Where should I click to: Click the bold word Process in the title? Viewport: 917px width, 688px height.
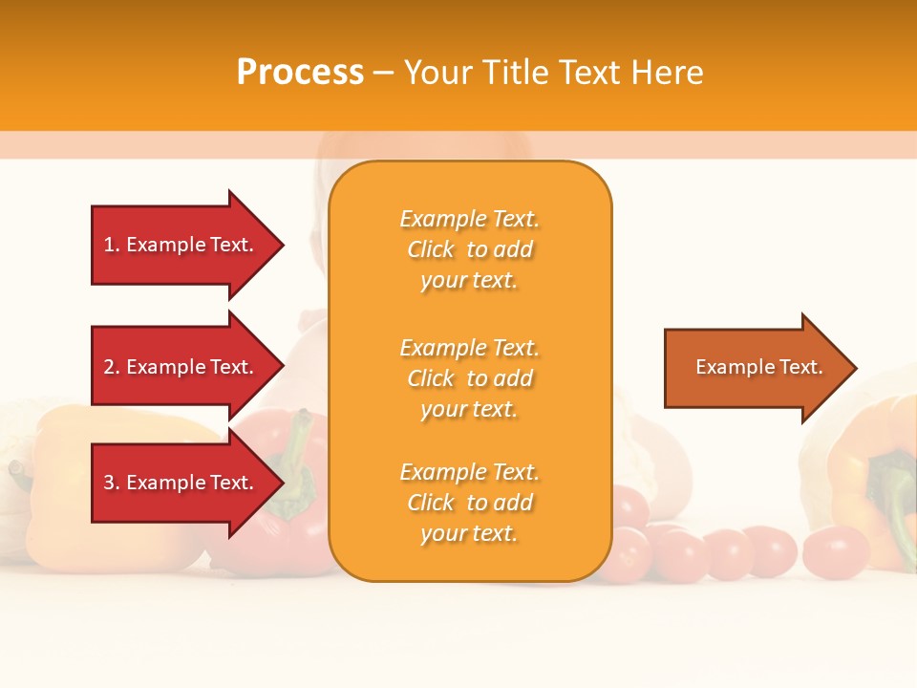coord(300,72)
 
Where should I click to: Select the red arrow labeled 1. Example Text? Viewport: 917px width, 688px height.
coord(181,245)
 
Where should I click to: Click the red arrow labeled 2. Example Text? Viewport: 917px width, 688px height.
coord(181,367)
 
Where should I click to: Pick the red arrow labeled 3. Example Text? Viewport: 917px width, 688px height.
coord(181,483)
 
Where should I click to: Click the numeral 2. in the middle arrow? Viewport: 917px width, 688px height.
coord(112,367)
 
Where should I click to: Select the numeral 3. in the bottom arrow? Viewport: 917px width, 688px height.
coord(112,483)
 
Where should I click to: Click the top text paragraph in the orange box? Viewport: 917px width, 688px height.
coord(469,249)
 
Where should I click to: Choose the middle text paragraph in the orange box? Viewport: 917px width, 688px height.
coord(469,378)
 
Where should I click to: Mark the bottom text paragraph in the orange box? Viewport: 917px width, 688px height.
coord(469,503)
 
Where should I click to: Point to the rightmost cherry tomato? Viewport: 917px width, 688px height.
coord(835,551)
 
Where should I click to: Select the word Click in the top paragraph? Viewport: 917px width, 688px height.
coord(431,249)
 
